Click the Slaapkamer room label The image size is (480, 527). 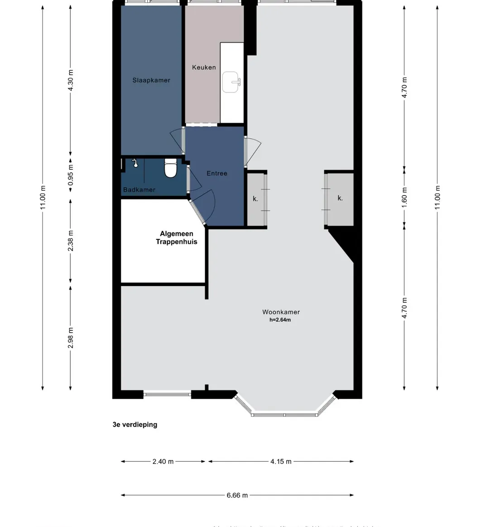pos(151,80)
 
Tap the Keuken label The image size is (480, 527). pos(204,68)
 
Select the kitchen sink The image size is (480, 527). pos(232,82)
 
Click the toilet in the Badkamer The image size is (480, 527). pos(170,169)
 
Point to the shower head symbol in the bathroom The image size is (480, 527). pos(134,164)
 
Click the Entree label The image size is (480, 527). pos(217,173)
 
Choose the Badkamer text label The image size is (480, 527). pos(139,190)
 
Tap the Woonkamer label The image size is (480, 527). pos(281,312)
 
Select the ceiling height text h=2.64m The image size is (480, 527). pos(280,320)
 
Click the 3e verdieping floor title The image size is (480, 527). pos(135,425)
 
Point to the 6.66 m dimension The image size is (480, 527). pos(237,495)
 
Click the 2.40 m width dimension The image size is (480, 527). pos(163,462)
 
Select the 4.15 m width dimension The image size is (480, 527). pos(281,462)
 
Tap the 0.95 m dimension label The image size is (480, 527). pos(71,174)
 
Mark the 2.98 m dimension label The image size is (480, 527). pos(71,338)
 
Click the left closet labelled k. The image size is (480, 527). pos(256,198)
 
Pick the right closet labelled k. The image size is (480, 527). pos(340,198)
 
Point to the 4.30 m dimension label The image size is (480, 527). pos(71,80)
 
